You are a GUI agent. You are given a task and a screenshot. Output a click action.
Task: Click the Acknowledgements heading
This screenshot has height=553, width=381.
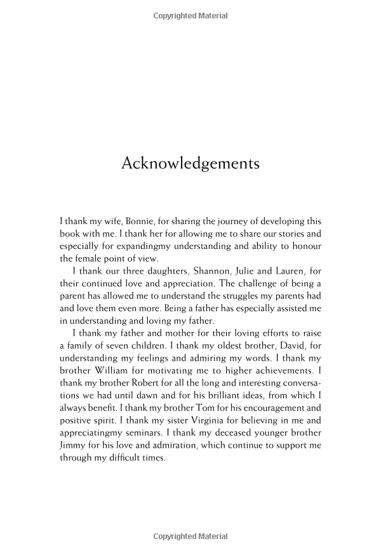coord(190,163)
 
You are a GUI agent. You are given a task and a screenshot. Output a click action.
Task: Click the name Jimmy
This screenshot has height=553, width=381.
coord(74,446)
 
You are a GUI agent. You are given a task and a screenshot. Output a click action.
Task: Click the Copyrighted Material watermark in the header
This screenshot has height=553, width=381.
coord(190,15)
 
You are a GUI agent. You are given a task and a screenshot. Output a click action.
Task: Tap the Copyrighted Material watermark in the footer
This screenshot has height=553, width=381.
coord(190,537)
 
